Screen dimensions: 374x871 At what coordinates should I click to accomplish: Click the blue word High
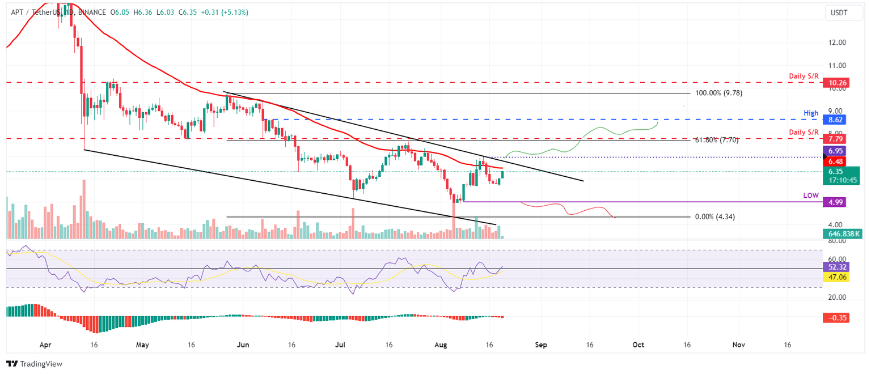811,113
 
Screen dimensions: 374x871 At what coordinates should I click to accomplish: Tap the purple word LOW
811,195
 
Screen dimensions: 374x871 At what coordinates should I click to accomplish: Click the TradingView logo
35,364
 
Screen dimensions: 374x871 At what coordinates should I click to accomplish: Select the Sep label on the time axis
540,344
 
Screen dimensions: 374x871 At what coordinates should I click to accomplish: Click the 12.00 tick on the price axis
838,42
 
